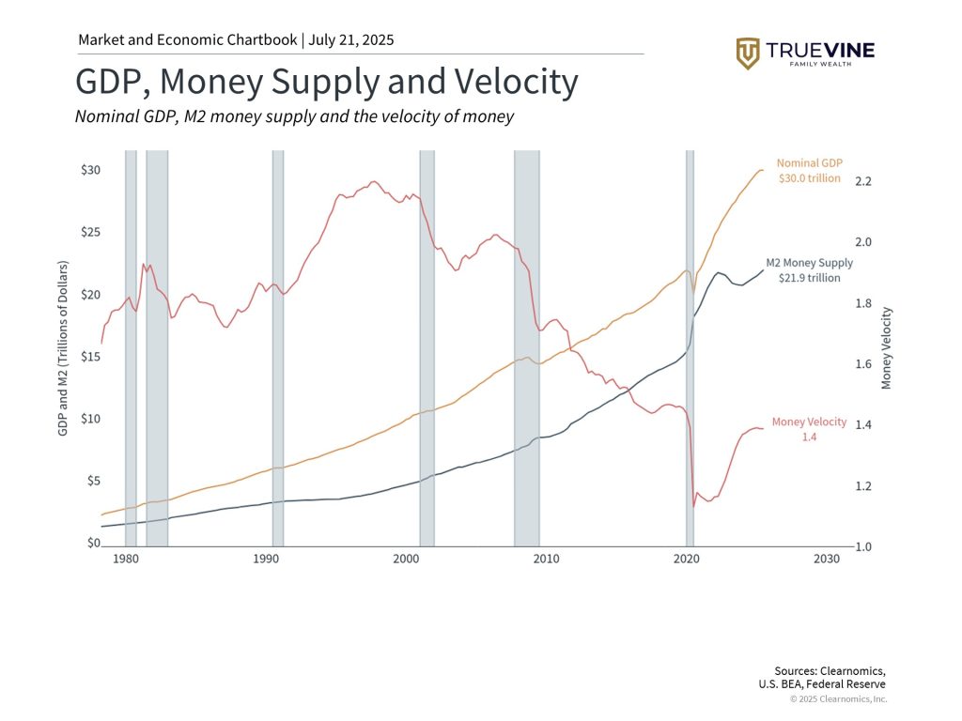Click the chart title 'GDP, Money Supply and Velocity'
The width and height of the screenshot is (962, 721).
[x=326, y=83]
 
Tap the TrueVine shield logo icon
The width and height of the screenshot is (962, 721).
[x=748, y=54]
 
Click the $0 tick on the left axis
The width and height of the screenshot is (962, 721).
[x=92, y=543]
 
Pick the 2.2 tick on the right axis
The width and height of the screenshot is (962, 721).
[x=864, y=180]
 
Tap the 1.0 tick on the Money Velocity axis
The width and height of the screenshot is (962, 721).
[x=864, y=546]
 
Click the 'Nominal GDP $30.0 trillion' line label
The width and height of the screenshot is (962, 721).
[x=809, y=170]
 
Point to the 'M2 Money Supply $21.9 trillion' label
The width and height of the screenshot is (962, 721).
[x=803, y=270]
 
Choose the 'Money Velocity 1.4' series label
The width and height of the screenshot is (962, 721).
[x=809, y=429]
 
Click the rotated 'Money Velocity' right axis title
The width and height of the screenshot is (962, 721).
[x=887, y=348]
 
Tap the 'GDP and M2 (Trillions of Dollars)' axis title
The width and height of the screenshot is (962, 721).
[x=63, y=346]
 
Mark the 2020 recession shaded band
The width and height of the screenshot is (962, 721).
[x=690, y=347]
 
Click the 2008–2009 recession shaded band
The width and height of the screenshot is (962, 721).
[x=526, y=347]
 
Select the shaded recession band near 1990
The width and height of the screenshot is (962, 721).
[x=278, y=347]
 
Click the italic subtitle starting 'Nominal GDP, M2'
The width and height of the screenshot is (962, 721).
[x=294, y=116]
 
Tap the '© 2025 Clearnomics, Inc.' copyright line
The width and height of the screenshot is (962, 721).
[x=838, y=698]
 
